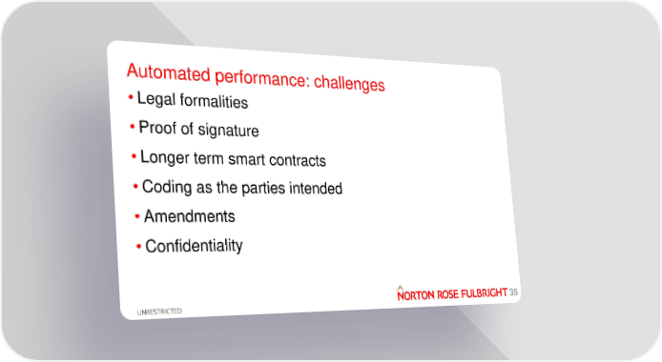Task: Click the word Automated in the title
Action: pyautogui.click(x=169, y=72)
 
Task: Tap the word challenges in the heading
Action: pyautogui.click(x=349, y=83)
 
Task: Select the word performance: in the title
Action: pyautogui.click(x=262, y=78)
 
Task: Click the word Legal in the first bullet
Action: pyautogui.click(x=156, y=99)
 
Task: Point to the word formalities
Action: pyautogui.click(x=214, y=102)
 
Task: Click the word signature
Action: pyautogui.click(x=228, y=131)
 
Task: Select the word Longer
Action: pyautogui.click(x=165, y=157)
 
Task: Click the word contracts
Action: pyautogui.click(x=298, y=161)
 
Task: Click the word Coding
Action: pyautogui.click(x=167, y=187)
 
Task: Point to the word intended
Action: pyautogui.click(x=316, y=189)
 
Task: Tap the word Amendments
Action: pyautogui.click(x=190, y=216)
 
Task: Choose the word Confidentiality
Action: pyautogui.click(x=194, y=246)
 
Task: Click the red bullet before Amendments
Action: pyautogui.click(x=137, y=216)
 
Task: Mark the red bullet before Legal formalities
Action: pyautogui.click(x=131, y=98)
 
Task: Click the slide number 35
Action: pyautogui.click(x=513, y=292)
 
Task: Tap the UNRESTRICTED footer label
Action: pyautogui.click(x=159, y=312)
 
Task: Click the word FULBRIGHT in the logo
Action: pyautogui.click(x=484, y=293)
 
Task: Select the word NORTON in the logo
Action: pyautogui.click(x=416, y=295)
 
